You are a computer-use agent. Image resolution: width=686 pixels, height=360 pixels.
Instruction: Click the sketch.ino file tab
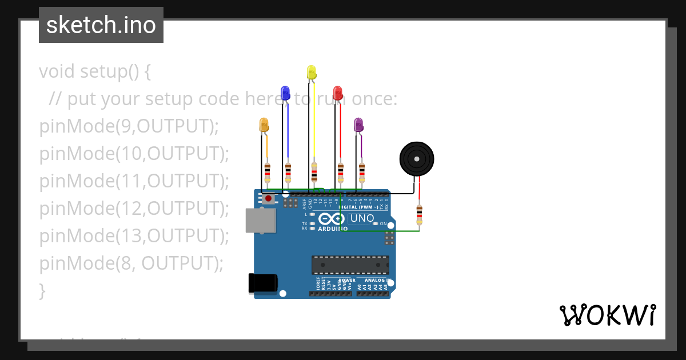pyautogui.click(x=101, y=25)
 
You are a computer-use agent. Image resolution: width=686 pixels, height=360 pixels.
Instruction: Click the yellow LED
pyautogui.click(x=312, y=73)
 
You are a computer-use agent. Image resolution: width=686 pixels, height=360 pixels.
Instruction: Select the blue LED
pyautogui.click(x=285, y=93)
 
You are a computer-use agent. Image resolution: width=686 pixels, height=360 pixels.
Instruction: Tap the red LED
pyautogui.click(x=338, y=93)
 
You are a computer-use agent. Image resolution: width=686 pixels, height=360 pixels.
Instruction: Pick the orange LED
pyautogui.click(x=264, y=125)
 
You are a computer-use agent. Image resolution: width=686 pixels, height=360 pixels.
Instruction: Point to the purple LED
pyautogui.click(x=358, y=125)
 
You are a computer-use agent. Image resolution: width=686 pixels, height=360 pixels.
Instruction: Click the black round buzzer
pyautogui.click(x=416, y=159)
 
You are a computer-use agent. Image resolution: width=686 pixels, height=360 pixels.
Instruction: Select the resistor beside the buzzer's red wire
pyautogui.click(x=420, y=215)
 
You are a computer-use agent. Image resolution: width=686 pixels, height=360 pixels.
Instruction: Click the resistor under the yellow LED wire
pyautogui.click(x=314, y=171)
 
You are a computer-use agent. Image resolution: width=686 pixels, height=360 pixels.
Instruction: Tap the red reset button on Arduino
pyautogui.click(x=268, y=198)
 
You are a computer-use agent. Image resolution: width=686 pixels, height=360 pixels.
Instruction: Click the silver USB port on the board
pyautogui.click(x=260, y=220)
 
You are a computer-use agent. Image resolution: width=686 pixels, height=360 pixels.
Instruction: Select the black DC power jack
pyautogui.click(x=263, y=283)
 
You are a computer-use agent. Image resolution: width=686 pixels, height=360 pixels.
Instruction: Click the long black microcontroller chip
pyautogui.click(x=350, y=265)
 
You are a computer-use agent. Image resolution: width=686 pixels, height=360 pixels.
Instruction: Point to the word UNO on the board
pyautogui.click(x=362, y=218)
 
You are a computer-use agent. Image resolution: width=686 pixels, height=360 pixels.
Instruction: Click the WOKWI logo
pyautogui.click(x=607, y=315)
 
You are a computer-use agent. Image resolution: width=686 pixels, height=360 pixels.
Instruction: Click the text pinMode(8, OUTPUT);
pyautogui.click(x=131, y=263)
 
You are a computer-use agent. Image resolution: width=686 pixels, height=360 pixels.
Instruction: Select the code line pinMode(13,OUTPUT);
pyautogui.click(x=134, y=235)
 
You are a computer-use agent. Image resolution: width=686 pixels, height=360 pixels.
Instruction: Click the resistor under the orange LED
pyautogui.click(x=268, y=171)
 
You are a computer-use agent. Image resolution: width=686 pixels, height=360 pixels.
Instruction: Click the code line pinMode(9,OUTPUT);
pyautogui.click(x=129, y=126)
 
